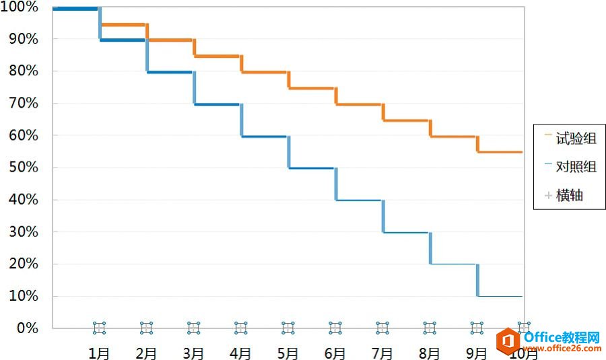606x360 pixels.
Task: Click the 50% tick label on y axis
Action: pyautogui.click(x=23, y=168)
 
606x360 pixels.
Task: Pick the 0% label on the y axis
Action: pyautogui.click(x=26, y=328)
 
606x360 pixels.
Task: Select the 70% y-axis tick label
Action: pyautogui.click(x=23, y=104)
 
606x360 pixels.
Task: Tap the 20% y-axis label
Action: pyautogui.click(x=23, y=264)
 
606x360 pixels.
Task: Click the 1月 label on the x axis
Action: pyautogui.click(x=99, y=353)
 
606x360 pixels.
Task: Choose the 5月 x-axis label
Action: pyautogui.click(x=288, y=353)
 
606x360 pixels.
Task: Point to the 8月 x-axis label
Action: pyautogui.click(x=429, y=353)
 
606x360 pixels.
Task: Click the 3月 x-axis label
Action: pyautogui.click(x=193, y=353)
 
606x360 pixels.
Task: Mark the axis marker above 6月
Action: pyautogui.click(x=335, y=328)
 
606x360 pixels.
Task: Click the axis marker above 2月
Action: pyautogui.click(x=146, y=328)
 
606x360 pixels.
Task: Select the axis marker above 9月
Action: pyautogui.click(x=477, y=328)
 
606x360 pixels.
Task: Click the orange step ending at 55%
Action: pyautogui.click(x=500, y=152)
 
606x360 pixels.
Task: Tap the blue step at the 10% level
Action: pyautogui.click(x=500, y=296)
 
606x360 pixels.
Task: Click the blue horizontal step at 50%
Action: pyautogui.click(x=312, y=168)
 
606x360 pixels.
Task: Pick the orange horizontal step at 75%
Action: pyautogui.click(x=312, y=88)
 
